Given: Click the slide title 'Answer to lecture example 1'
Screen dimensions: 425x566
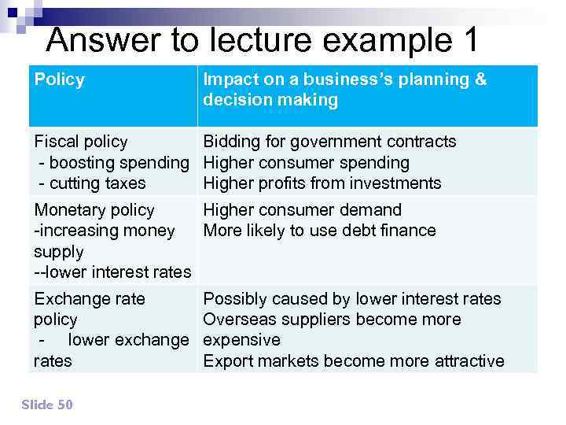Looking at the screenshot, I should click(x=262, y=40).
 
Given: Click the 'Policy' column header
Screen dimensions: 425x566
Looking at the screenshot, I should click(x=59, y=79).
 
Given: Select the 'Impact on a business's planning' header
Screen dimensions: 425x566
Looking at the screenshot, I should click(x=345, y=79).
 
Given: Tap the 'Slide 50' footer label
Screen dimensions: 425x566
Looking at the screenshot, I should click(x=47, y=405).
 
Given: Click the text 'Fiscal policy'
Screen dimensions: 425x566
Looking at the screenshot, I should click(x=80, y=142).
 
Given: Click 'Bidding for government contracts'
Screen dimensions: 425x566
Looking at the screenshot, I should click(x=329, y=142).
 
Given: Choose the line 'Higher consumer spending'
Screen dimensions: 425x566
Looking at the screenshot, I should click(x=307, y=163).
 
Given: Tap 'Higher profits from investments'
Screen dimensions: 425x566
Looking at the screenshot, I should click(x=322, y=183).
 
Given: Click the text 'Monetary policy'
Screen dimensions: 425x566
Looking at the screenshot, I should click(x=94, y=210).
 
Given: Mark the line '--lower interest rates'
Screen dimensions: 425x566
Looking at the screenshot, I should click(x=112, y=272).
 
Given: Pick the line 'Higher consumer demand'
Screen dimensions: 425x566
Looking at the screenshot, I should click(x=303, y=210).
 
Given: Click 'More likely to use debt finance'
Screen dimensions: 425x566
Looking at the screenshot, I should click(x=319, y=231).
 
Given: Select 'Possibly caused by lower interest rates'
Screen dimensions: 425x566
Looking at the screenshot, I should click(x=352, y=299).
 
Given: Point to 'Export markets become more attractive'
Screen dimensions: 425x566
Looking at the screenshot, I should click(x=354, y=361).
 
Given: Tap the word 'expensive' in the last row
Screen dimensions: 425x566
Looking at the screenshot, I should click(x=241, y=340).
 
